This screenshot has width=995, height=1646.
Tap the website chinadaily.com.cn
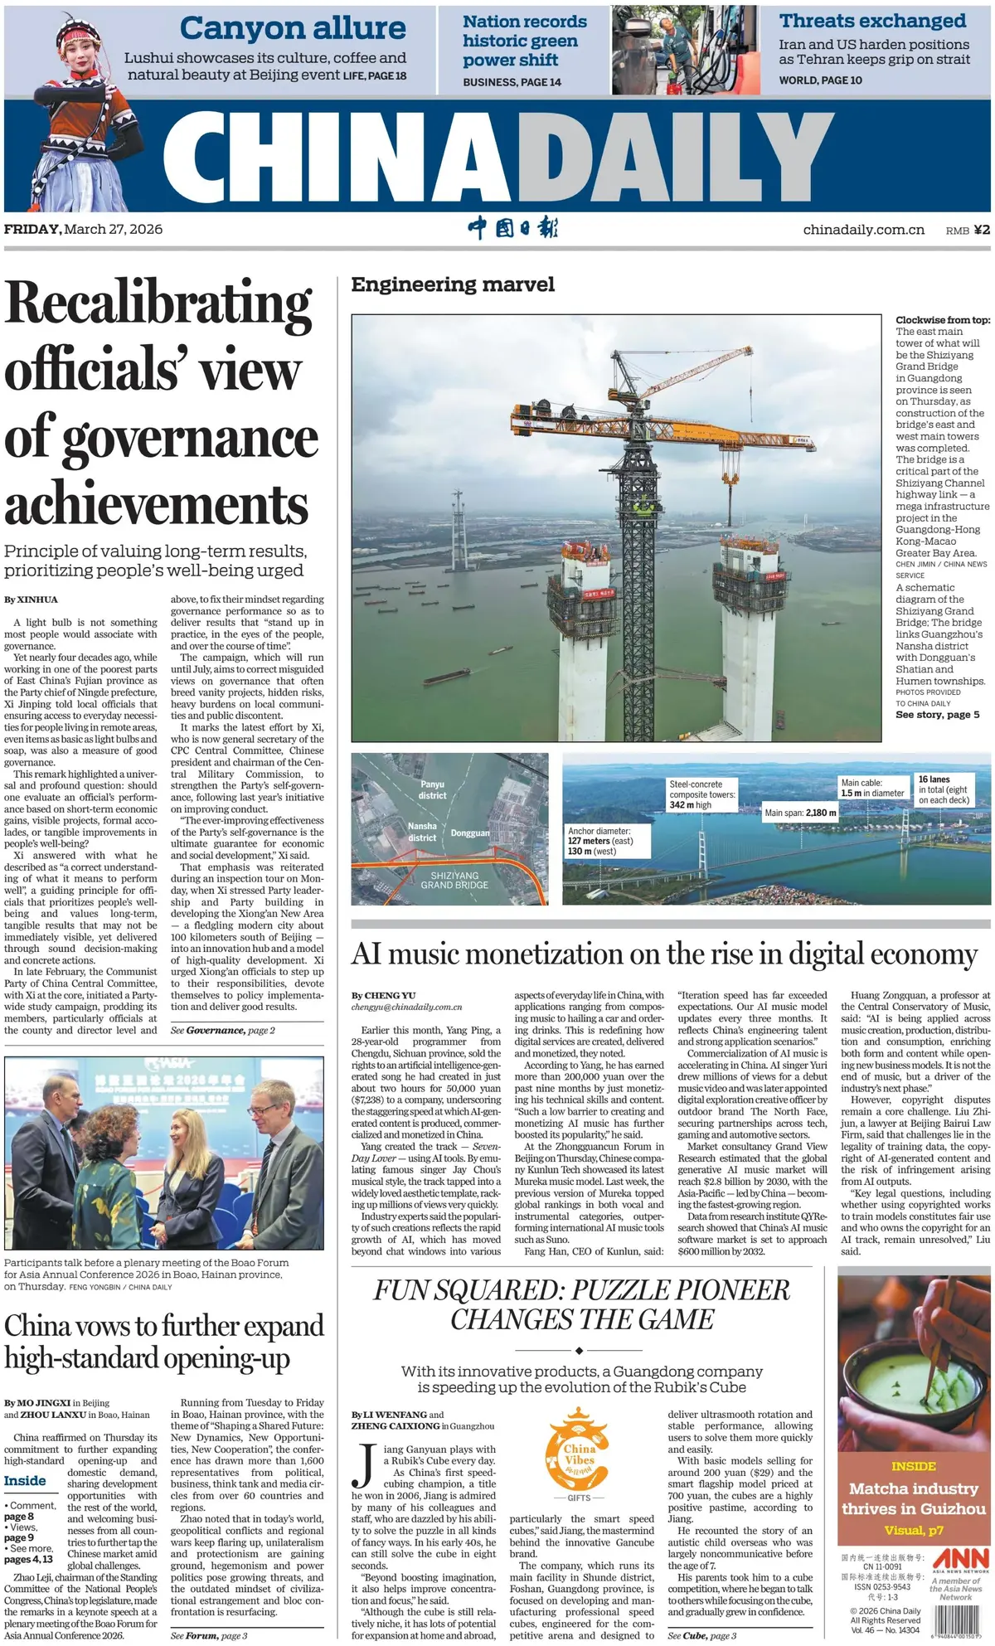[863, 230]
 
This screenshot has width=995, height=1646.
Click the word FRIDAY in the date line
[32, 229]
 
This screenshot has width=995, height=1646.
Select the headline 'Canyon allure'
[292, 28]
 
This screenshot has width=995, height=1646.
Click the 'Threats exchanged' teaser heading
[872, 21]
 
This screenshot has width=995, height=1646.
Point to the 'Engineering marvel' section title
[453, 284]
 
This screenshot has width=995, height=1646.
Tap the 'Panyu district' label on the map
[432, 789]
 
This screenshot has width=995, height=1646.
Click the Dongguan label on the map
[470, 833]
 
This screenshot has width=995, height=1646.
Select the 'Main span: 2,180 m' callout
[800, 813]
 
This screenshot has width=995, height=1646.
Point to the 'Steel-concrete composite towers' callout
[701, 794]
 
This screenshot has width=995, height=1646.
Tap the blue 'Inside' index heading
[25, 1480]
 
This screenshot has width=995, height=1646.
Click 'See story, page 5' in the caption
[937, 714]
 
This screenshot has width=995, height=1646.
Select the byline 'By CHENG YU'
[383, 995]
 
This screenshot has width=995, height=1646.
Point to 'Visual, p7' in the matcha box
[913, 1530]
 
